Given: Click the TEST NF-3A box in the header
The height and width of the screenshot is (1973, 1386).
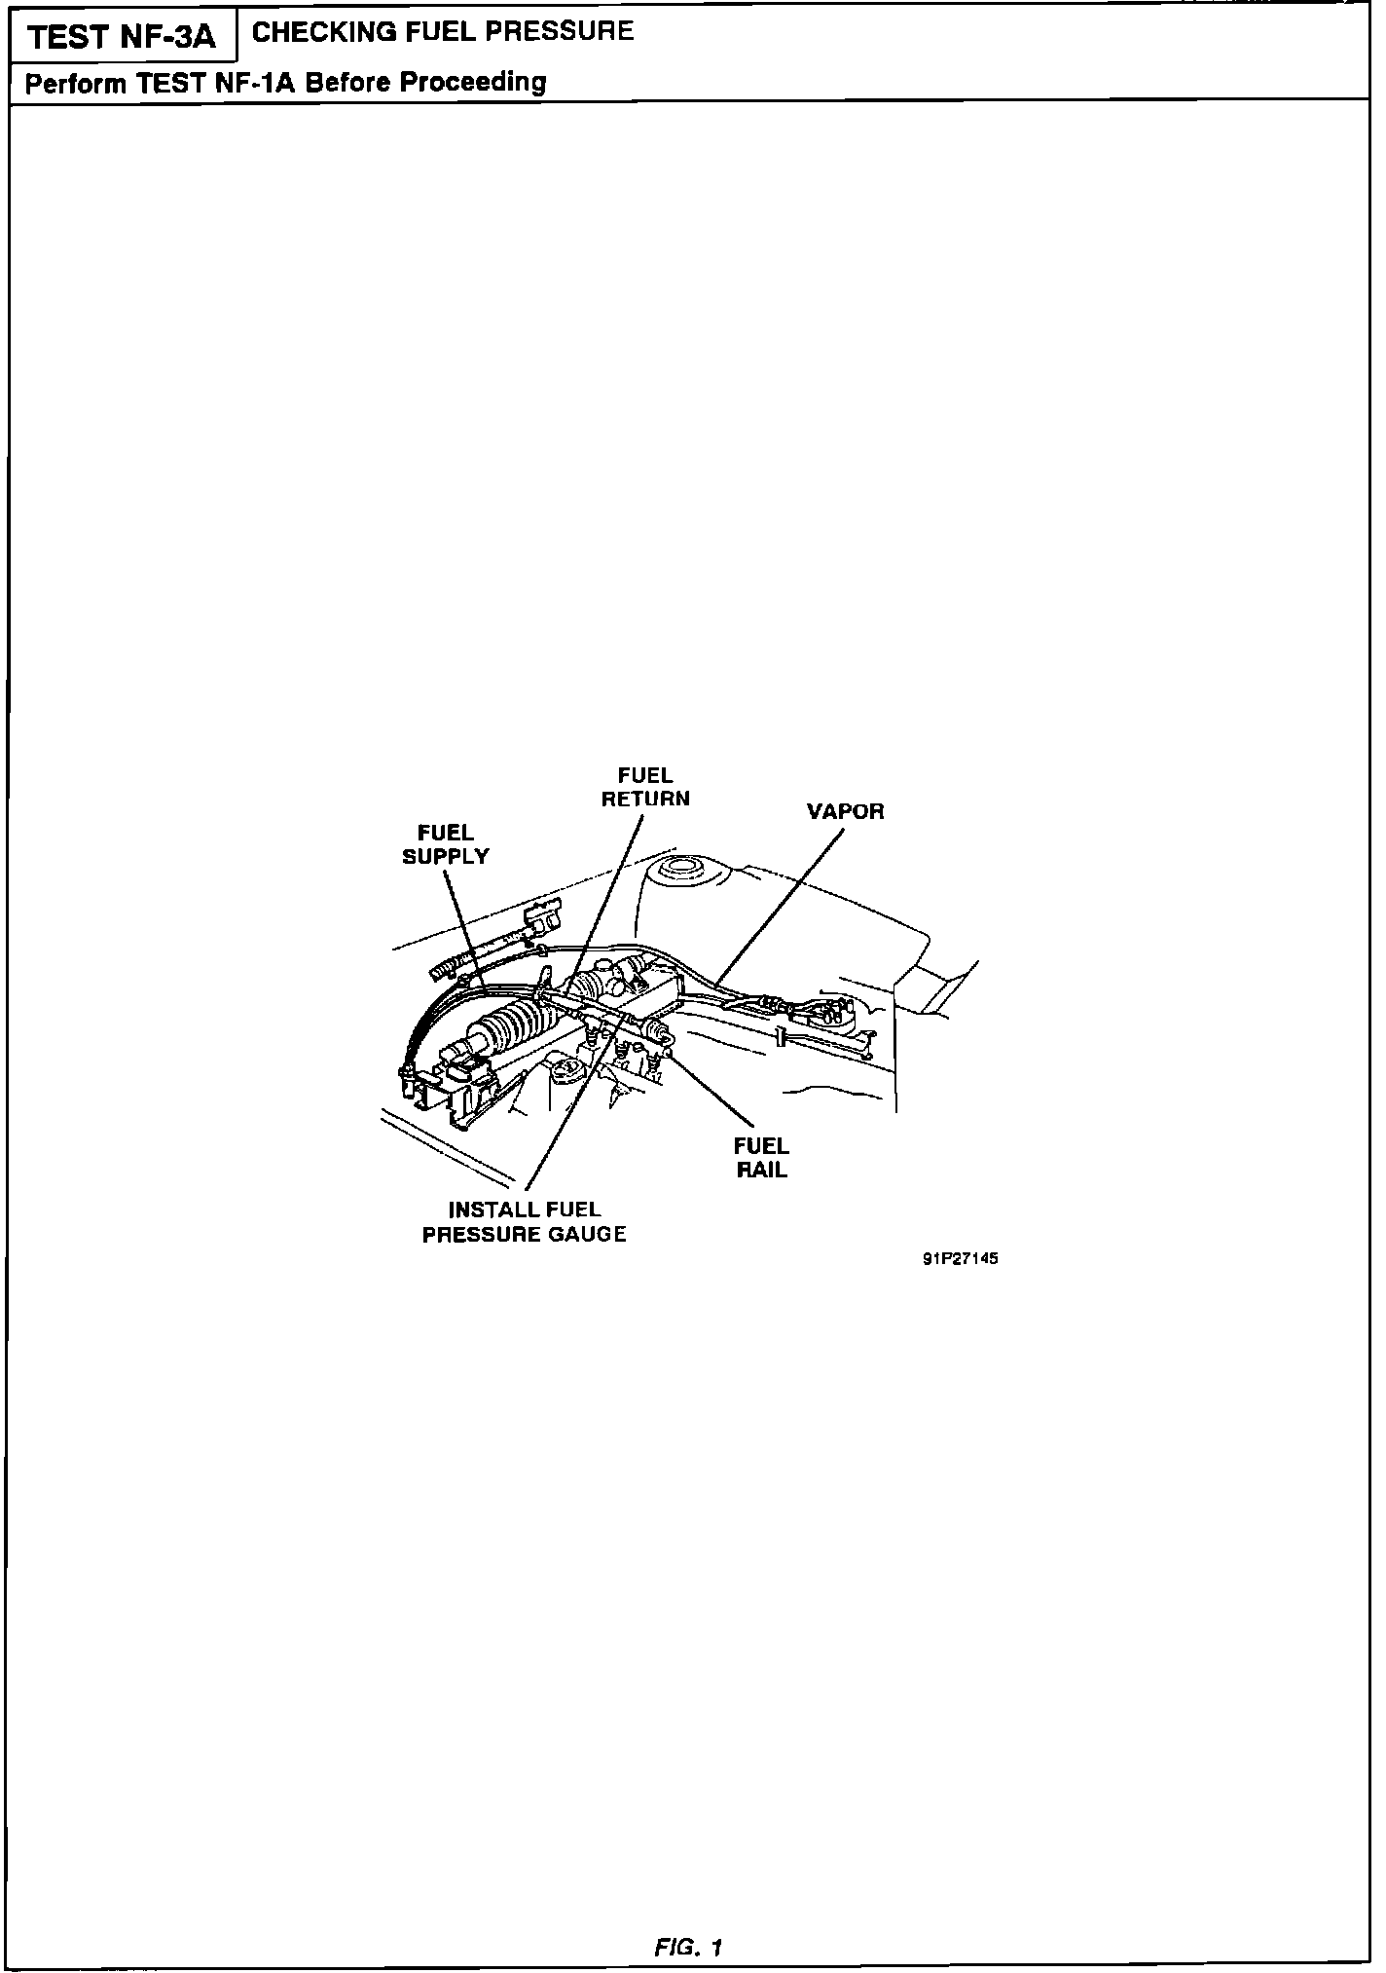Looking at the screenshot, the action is pyautogui.click(x=121, y=38).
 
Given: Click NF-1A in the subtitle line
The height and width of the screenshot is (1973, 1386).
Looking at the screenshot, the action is pyautogui.click(x=254, y=83).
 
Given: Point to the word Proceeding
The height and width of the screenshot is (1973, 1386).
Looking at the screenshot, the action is pyautogui.click(x=474, y=82).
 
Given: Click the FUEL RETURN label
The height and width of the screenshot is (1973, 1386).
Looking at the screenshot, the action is pyautogui.click(x=645, y=787).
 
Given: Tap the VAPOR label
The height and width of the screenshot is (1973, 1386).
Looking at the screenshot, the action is pyautogui.click(x=845, y=811).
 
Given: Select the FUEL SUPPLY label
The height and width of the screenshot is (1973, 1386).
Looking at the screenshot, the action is pyautogui.click(x=446, y=844).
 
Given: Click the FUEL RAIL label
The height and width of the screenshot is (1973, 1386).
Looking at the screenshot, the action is pyautogui.click(x=761, y=1158).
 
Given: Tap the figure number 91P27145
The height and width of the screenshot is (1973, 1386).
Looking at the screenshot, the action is pyautogui.click(x=960, y=1258).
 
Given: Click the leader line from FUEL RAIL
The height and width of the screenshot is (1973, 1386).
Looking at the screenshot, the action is pyautogui.click(x=711, y=1090).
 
